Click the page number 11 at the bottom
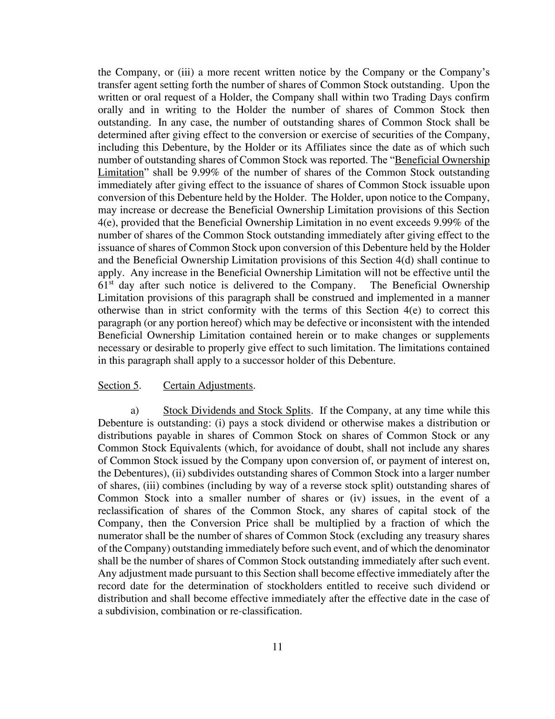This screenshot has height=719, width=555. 277,647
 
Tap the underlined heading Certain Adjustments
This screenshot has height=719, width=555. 208,385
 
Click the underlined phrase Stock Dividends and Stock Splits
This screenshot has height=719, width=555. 236,410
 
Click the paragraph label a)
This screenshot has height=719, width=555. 135,410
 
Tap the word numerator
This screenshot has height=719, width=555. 121,536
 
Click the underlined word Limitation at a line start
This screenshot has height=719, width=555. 121,172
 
